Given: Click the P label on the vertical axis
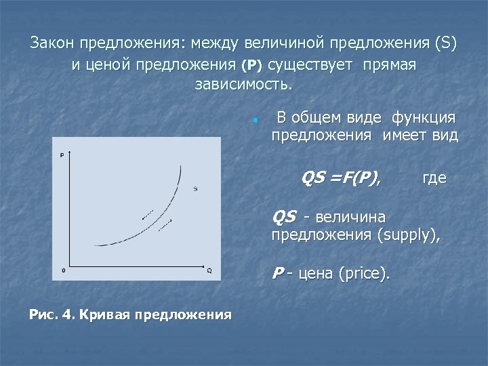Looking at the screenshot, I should (62, 155).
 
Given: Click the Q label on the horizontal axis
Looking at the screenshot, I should (209, 271).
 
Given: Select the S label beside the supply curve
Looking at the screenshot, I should (195, 188).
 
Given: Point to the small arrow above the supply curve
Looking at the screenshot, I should (148, 216).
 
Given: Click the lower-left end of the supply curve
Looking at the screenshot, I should (96, 245).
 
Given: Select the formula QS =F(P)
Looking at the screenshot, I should (341, 178).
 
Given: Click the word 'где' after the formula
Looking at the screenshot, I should (434, 179).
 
